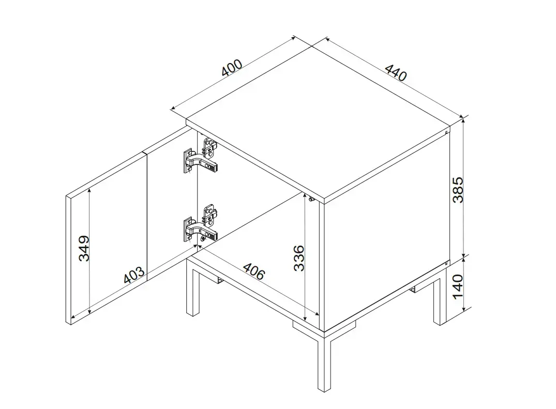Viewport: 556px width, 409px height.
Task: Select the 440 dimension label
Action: (396, 72)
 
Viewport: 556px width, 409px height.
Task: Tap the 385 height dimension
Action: (458, 190)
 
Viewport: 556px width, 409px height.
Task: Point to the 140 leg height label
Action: (458, 286)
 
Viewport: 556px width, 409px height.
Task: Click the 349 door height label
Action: (84, 248)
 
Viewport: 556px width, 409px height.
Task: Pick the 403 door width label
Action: (134, 275)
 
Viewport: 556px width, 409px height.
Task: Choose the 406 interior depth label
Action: (254, 271)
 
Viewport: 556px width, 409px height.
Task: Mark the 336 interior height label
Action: (299, 258)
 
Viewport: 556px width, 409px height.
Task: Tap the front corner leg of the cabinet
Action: (324, 361)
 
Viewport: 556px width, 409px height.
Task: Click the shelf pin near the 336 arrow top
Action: (311, 200)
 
